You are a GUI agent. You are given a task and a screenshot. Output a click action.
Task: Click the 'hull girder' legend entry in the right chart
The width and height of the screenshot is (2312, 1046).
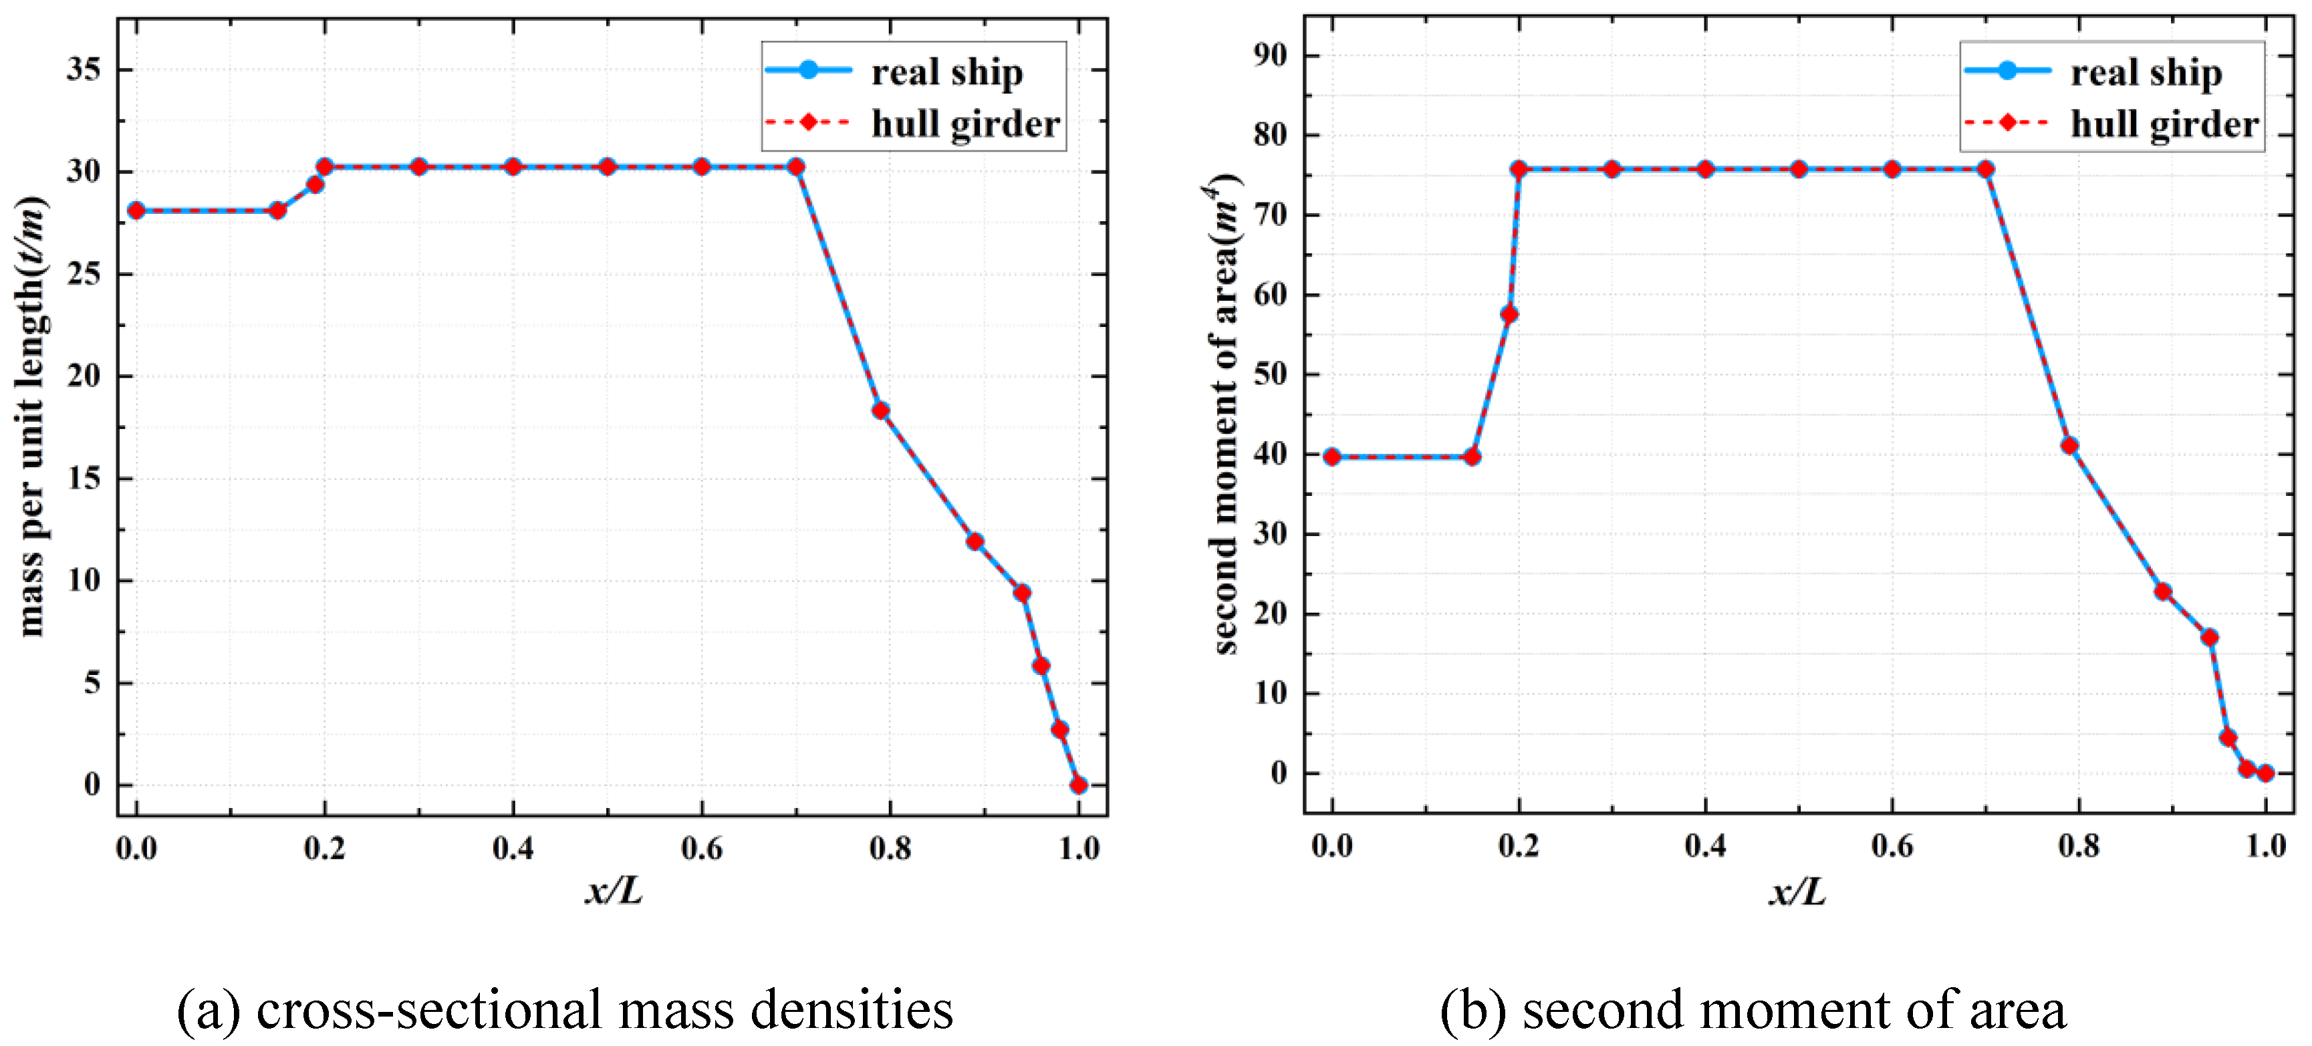(x=2163, y=124)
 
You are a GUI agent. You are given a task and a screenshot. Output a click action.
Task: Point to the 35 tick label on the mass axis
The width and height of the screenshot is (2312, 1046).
(x=84, y=69)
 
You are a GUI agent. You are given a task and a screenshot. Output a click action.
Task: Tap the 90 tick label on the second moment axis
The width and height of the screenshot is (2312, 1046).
(x=1270, y=55)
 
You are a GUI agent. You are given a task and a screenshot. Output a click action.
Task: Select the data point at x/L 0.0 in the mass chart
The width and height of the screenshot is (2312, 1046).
(x=136, y=210)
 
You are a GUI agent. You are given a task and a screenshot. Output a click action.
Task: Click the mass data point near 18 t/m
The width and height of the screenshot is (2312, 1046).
(x=880, y=410)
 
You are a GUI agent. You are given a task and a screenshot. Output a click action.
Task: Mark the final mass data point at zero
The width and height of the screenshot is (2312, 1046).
(x=1079, y=785)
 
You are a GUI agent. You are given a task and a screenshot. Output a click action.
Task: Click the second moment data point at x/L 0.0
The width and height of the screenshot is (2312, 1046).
(x=1332, y=457)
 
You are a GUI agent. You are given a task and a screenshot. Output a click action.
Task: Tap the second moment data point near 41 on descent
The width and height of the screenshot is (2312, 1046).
(x=2069, y=445)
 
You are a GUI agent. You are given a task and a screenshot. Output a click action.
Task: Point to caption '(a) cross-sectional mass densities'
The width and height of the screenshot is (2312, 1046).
(x=565, y=1009)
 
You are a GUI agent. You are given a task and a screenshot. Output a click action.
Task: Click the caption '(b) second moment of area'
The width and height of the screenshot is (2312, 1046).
(x=1753, y=1009)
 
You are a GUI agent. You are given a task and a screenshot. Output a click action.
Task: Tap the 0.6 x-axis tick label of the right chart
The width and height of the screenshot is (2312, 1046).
(x=1892, y=845)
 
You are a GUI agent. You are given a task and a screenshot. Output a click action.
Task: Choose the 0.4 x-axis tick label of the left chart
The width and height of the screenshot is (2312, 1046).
(x=513, y=847)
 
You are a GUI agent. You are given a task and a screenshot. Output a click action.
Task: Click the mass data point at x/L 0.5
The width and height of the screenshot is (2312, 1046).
(x=608, y=167)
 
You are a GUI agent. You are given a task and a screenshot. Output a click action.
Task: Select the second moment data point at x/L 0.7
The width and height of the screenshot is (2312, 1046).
(x=1985, y=170)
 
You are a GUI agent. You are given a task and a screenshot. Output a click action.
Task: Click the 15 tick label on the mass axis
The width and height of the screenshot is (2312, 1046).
(x=84, y=479)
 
